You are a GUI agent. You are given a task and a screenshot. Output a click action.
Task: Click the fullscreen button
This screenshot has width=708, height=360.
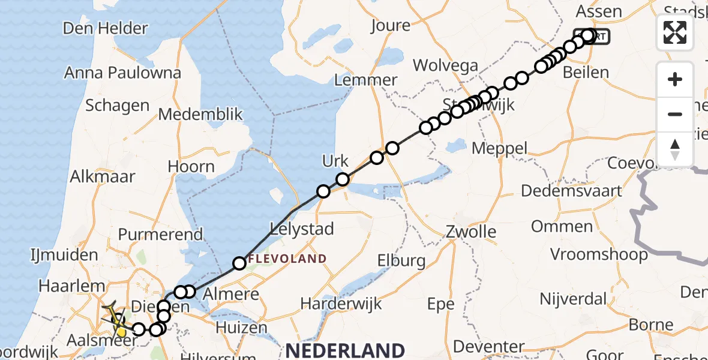pos(675,32)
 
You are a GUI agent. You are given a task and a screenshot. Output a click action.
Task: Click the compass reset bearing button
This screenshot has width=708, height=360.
pos(675,149)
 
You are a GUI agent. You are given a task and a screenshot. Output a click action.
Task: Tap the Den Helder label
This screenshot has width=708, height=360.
pos(105,28)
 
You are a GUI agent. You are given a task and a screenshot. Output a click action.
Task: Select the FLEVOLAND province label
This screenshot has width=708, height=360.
pos(287,259)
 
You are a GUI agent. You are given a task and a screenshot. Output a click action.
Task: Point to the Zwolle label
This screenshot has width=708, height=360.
pos(471,232)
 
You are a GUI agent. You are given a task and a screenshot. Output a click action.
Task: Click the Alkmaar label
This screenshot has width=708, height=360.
pos(103,176)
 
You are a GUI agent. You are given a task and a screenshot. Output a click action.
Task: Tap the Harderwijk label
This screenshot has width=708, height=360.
pos(341,304)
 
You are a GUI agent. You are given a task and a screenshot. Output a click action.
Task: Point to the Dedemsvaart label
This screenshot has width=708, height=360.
pos(571,191)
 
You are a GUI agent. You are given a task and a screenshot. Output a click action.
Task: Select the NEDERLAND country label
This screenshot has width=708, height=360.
pos(344,350)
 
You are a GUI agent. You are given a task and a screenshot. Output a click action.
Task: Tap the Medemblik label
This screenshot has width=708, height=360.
pos(200,114)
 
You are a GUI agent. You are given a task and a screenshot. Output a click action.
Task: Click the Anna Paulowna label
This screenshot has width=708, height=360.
pos(122,73)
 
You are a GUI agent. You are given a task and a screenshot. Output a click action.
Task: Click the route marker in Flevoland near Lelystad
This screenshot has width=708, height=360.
pos(239,263)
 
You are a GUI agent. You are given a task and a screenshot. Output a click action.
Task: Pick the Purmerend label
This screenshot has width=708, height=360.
pos(160,234)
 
